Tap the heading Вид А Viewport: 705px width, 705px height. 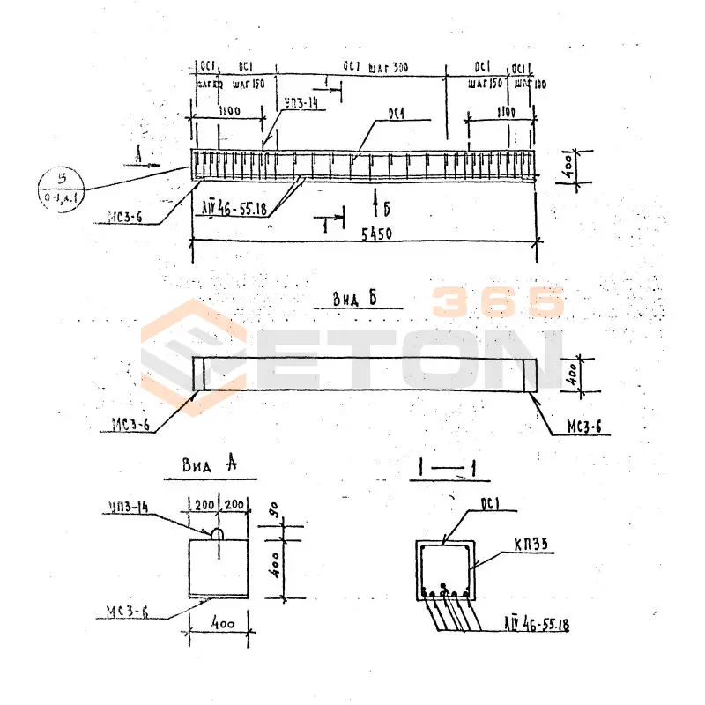(x=209, y=465)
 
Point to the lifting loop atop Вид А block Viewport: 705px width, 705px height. (x=216, y=533)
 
